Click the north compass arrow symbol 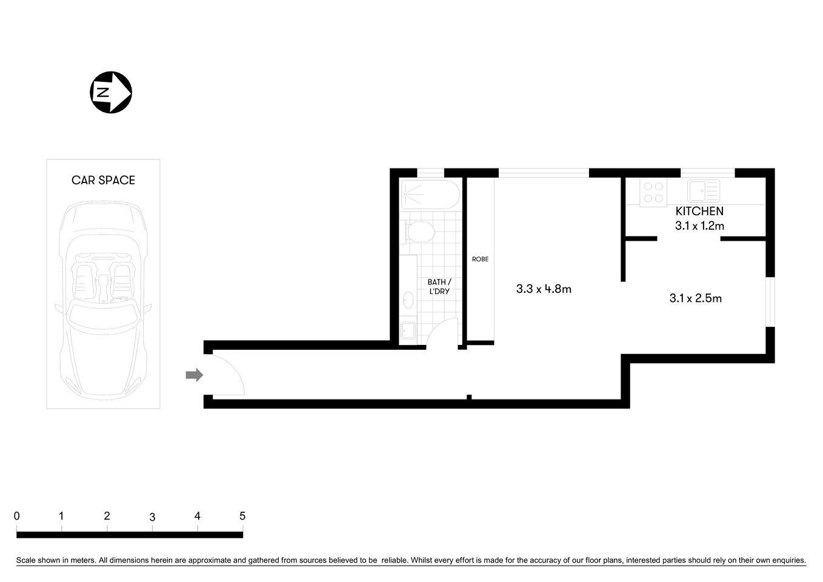111,92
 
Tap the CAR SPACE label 103,180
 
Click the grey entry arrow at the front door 194,375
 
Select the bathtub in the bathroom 430,194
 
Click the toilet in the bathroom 419,231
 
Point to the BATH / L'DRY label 439,287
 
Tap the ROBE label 480,259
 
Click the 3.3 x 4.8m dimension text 544,289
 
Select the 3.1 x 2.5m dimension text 695,298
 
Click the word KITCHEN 699,211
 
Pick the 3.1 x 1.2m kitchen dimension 699,226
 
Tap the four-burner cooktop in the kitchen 653,192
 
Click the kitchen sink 703,191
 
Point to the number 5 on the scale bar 242,516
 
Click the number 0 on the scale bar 17,516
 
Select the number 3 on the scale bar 152,517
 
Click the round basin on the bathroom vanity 408,300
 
